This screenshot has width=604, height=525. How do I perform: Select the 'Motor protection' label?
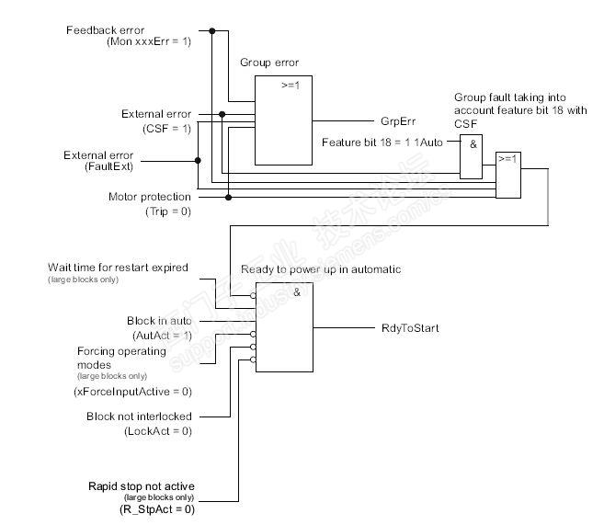click(150, 197)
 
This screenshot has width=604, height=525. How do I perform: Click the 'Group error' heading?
click(269, 63)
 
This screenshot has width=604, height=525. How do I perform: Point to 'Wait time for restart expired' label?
click(118, 268)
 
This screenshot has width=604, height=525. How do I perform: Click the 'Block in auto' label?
click(159, 321)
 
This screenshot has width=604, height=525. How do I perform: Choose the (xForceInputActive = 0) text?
click(132, 391)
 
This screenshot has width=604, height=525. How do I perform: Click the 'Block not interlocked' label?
click(138, 417)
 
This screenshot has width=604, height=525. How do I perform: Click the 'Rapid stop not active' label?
click(142, 485)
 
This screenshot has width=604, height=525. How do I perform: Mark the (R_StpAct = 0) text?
click(157, 508)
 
